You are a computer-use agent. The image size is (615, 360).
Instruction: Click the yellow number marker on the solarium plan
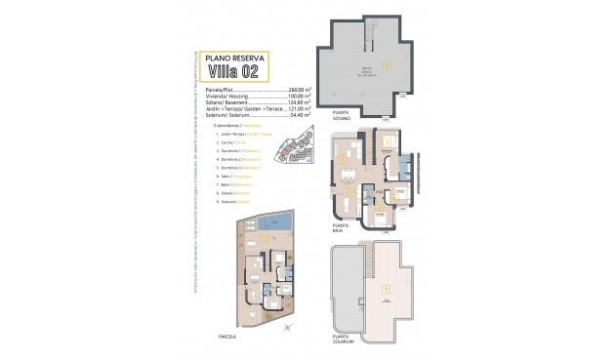388,288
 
